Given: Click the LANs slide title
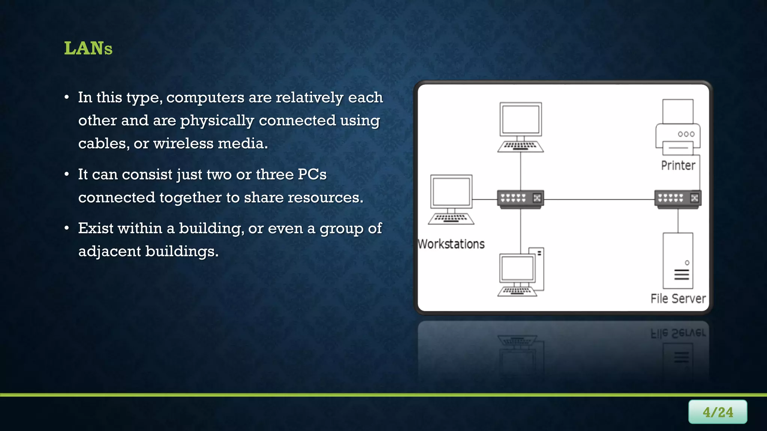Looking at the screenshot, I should (x=88, y=48).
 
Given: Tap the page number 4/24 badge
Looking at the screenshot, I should (x=717, y=412).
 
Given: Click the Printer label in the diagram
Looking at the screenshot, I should (x=678, y=165).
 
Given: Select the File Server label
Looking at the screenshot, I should (x=678, y=299).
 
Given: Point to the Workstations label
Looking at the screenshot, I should (x=451, y=244).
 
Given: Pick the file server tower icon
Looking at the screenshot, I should (x=678, y=261).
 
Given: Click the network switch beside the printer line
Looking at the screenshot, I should (x=678, y=199).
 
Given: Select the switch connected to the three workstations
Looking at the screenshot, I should (x=521, y=199).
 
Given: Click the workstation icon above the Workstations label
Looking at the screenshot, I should (x=451, y=199).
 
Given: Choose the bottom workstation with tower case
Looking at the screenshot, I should (x=521, y=272).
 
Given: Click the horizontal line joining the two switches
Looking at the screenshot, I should (x=599, y=199).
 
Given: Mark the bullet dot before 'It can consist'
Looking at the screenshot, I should (x=67, y=174).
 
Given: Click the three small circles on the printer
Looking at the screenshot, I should (x=686, y=134).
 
